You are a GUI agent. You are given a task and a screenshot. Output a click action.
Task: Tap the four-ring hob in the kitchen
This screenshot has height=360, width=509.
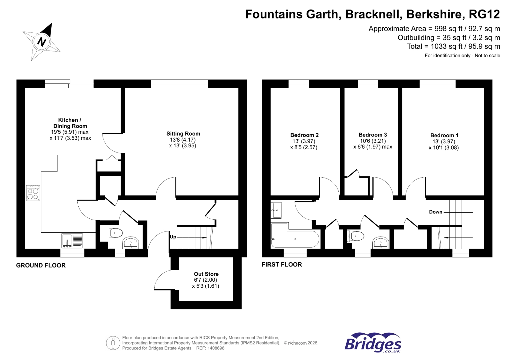33,193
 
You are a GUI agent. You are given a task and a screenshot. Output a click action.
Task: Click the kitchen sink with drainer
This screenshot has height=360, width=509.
72,241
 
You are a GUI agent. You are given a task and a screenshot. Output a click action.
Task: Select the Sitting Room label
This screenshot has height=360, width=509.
183,134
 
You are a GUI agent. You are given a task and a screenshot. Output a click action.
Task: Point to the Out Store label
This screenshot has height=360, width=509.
206,274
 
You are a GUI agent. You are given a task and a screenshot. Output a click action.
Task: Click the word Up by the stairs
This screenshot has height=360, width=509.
173,237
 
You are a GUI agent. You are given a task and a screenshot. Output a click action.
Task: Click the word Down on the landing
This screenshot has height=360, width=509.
435,212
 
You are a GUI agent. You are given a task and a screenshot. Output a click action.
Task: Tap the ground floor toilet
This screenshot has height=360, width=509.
115,233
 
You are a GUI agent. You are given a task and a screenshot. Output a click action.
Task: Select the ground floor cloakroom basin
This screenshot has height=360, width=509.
131,243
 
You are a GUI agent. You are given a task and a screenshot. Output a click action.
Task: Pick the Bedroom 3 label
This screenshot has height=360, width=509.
373,135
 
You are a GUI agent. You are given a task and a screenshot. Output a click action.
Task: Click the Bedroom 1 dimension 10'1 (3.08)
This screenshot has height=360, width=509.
443,148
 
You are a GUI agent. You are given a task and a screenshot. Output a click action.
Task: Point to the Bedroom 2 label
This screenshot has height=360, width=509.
304,135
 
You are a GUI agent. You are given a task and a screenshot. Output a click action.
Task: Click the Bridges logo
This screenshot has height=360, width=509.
373,343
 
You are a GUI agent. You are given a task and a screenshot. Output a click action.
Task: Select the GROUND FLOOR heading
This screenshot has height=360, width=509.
41,265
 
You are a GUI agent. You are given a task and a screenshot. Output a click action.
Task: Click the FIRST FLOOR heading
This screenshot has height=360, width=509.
282,265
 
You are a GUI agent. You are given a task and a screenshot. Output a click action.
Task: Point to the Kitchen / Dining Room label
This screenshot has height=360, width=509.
70,123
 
